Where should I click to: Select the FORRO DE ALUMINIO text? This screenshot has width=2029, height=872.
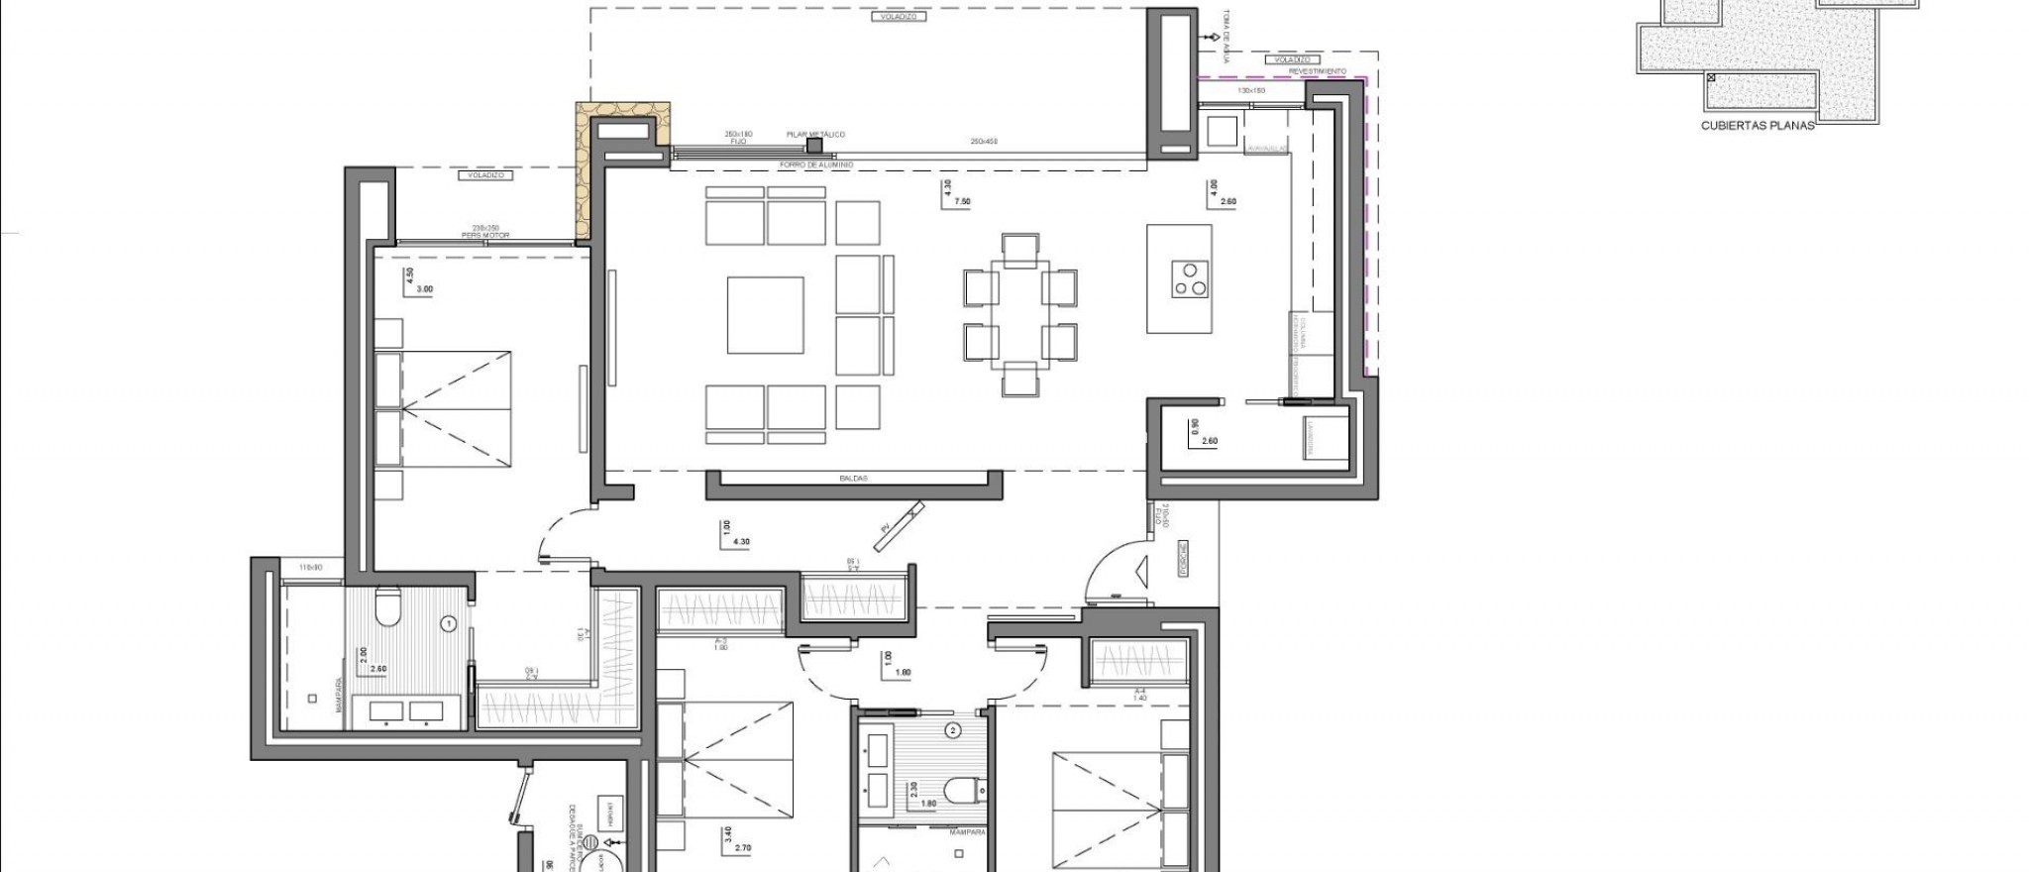pos(816,164)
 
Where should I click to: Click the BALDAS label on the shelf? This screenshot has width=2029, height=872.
pos(853,479)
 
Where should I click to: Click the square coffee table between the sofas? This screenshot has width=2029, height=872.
pos(765,315)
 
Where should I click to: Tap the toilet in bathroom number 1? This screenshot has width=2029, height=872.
pos(387,607)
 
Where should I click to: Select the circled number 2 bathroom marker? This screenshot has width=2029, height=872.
pos(953,731)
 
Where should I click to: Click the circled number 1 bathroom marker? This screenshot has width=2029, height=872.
pos(448,624)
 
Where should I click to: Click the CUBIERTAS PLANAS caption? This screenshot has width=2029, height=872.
pos(1757,126)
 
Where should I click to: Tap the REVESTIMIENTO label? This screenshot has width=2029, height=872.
pos(1317,71)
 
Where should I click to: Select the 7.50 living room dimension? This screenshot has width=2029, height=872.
pos(962,201)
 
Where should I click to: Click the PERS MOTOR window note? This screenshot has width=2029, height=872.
pos(484,235)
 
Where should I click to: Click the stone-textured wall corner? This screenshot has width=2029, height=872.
pos(584,168)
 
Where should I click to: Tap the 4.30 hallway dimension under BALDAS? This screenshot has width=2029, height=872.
pos(740,542)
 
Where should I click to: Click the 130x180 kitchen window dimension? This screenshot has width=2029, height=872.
pos(1251,90)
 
